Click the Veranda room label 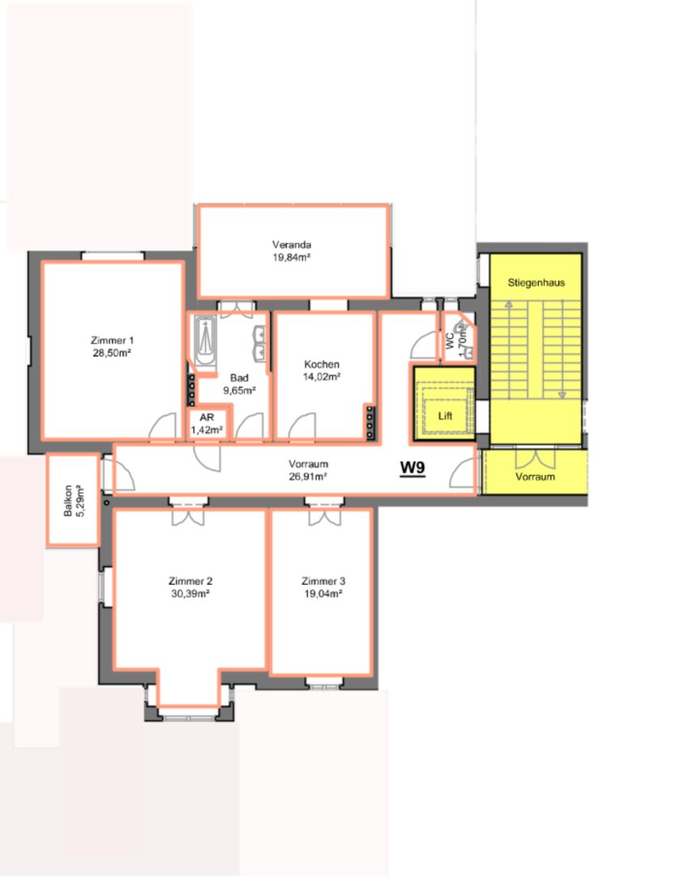(x=291, y=245)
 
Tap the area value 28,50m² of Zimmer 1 (x=112, y=353)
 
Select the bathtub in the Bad (x=205, y=340)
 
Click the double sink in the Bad (x=259, y=343)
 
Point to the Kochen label (x=322, y=364)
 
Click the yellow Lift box (x=444, y=403)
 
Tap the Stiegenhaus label (x=536, y=283)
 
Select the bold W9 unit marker (x=413, y=468)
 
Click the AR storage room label (x=207, y=418)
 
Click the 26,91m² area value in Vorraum (x=307, y=477)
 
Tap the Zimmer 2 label (x=191, y=582)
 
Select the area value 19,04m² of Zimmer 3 (x=323, y=594)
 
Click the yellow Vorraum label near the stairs (x=535, y=477)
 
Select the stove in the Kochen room (x=370, y=422)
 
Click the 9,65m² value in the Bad (x=239, y=390)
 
